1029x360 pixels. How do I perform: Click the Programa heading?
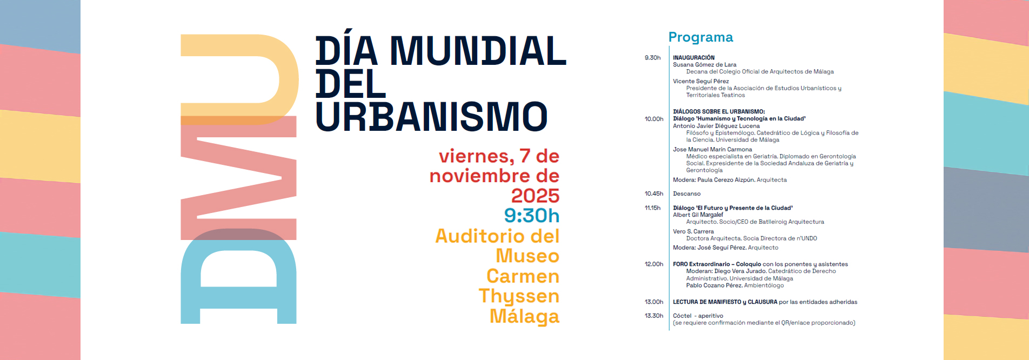[x=700, y=37]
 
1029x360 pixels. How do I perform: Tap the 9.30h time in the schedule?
[x=652, y=58]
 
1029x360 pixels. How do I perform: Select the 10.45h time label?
[x=654, y=194]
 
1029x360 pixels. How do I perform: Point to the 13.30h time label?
[x=654, y=316]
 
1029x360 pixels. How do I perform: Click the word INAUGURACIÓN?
[x=693, y=58]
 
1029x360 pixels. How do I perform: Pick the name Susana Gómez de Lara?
[x=705, y=65]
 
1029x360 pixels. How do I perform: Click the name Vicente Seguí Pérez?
[x=701, y=82]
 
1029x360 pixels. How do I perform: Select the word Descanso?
[x=687, y=194]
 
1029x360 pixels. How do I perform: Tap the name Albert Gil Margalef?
[x=698, y=215]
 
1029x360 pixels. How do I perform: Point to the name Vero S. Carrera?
[x=693, y=231]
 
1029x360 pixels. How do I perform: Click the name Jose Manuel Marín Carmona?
[x=712, y=149]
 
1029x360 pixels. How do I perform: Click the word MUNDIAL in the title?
[x=478, y=51]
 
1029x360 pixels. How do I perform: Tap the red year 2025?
[x=535, y=196]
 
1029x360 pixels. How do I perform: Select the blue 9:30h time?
[x=531, y=216]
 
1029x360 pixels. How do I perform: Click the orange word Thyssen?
[x=519, y=297]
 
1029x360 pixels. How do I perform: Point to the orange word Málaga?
[x=524, y=316]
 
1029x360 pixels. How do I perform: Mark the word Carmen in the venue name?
[x=523, y=276]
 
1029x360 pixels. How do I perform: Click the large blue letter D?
[x=238, y=276]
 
